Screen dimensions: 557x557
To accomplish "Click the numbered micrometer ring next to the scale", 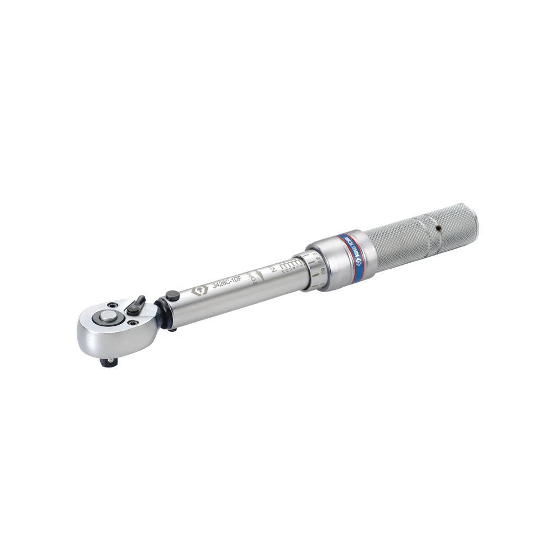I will click(x=315, y=270).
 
